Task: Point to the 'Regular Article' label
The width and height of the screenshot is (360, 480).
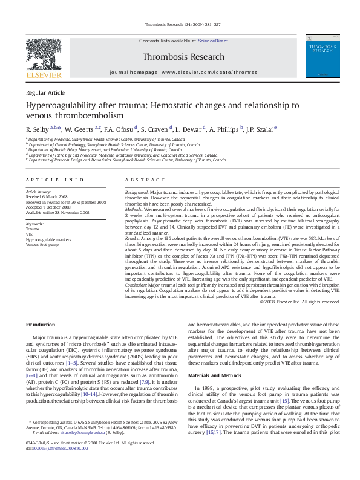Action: point(45,92)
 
